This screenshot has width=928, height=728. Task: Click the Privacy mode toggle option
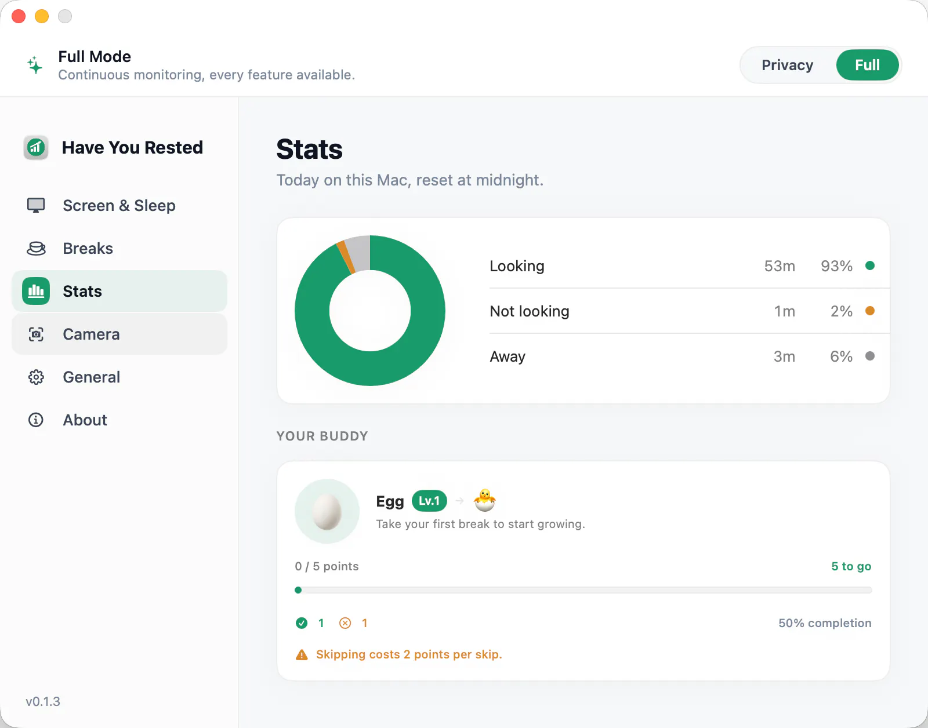[x=787, y=65]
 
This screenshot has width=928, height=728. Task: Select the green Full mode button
[x=867, y=65]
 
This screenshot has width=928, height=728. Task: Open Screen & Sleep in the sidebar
[x=119, y=205]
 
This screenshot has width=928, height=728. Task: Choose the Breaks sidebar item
[x=88, y=248]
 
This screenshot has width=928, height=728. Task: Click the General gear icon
[x=36, y=377]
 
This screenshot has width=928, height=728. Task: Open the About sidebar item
[x=85, y=420]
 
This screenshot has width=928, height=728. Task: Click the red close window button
[x=19, y=16]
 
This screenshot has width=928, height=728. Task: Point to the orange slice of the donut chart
[x=346, y=256]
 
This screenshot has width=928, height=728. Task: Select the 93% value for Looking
[x=836, y=266]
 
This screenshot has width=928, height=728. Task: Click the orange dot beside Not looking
[x=870, y=311]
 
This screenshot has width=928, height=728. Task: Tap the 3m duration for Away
[x=784, y=356]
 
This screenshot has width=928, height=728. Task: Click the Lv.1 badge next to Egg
[x=429, y=501]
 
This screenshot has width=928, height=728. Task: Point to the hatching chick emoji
[x=485, y=500]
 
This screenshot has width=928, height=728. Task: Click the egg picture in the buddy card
[x=327, y=511]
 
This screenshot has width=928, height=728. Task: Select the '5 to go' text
[x=851, y=566]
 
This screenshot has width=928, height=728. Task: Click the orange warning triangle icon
[x=302, y=654]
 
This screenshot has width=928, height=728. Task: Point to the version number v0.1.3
[x=43, y=701]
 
